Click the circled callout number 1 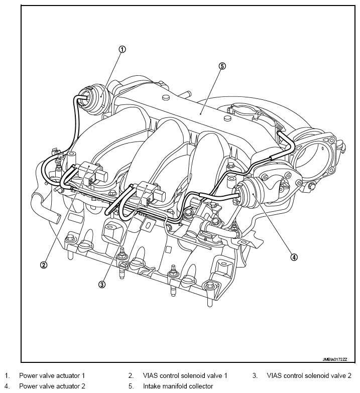pyautogui.click(x=122, y=49)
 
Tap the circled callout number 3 pyautogui.click(x=102, y=284)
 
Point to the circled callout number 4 pyautogui.click(x=294, y=257)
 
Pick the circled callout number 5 pyautogui.click(x=222, y=66)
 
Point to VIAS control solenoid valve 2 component pyautogui.click(x=149, y=194)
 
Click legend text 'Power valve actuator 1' pyautogui.click(x=52, y=375)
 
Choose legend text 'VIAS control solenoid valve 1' pyautogui.click(x=185, y=375)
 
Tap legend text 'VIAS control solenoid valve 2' pyautogui.click(x=309, y=375)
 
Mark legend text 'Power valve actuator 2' pyautogui.click(x=52, y=386)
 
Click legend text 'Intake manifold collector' pyautogui.click(x=178, y=386)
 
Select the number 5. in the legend pyautogui.click(x=131, y=386)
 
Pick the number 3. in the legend pyautogui.click(x=255, y=375)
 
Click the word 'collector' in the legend pyautogui.click(x=200, y=386)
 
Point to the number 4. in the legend pyautogui.click(x=7, y=386)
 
